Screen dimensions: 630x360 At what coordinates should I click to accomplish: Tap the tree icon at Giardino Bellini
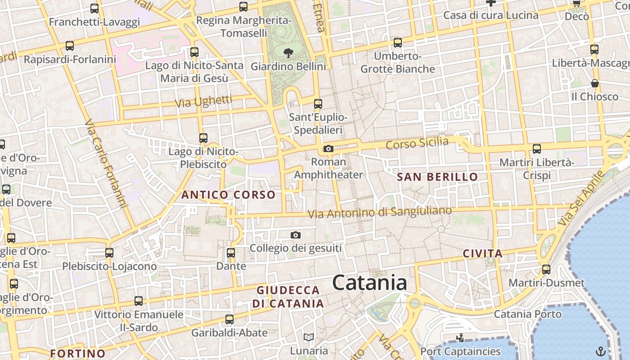(288, 53)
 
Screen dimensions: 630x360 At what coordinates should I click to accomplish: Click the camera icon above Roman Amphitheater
(328, 148)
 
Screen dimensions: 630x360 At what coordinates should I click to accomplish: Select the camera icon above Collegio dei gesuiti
(296, 235)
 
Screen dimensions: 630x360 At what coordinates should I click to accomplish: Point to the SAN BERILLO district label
(437, 177)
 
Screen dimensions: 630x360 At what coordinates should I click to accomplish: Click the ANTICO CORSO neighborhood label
(228, 195)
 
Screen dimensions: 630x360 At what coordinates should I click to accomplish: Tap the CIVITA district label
(483, 254)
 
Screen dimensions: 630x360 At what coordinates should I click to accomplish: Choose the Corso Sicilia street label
(417, 144)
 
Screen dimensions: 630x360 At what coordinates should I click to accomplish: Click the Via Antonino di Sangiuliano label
(380, 212)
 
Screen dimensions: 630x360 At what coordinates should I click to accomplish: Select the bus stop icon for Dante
(231, 253)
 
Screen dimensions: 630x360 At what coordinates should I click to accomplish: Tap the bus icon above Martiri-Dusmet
(546, 270)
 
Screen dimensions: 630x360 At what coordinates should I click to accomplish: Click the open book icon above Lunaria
(309, 337)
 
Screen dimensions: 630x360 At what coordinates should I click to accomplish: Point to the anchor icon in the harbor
(600, 351)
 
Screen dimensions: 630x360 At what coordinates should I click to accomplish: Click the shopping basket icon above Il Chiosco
(595, 83)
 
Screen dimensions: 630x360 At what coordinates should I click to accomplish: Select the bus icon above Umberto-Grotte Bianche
(398, 43)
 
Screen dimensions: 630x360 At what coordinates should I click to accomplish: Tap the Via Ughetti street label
(203, 101)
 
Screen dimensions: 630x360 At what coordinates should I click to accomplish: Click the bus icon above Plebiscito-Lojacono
(109, 253)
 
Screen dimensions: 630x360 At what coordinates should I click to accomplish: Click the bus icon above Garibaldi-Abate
(229, 319)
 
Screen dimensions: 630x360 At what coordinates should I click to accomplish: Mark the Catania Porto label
(527, 314)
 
